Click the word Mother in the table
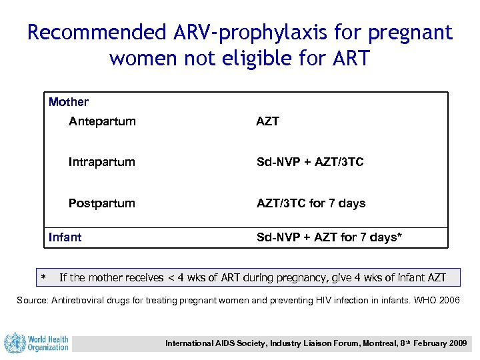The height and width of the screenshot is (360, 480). click(69, 102)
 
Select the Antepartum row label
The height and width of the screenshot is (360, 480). click(102, 121)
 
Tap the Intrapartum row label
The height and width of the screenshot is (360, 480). click(102, 162)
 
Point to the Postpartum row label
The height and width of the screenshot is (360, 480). click(102, 203)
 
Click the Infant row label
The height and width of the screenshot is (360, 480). click(65, 237)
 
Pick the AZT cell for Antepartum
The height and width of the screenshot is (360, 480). click(268, 121)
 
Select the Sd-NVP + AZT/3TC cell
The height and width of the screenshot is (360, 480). click(310, 162)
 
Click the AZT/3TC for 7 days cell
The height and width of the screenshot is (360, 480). click(311, 203)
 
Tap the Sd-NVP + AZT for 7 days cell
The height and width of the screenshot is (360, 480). click(329, 237)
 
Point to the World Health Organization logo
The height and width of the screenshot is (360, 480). click(37, 343)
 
